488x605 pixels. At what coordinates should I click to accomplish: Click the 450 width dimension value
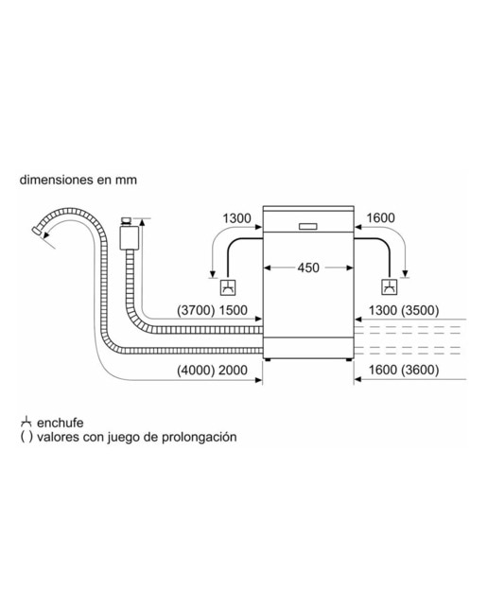(308, 268)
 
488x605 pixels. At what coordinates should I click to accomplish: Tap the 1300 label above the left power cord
(236, 218)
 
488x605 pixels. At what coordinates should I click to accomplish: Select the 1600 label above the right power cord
(380, 218)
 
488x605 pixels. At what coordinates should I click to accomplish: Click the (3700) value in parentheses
(196, 310)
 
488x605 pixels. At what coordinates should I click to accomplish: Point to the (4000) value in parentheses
(196, 370)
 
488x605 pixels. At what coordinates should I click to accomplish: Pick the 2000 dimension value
(233, 370)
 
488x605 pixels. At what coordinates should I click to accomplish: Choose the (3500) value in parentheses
(420, 310)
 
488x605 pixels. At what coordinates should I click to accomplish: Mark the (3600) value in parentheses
(420, 370)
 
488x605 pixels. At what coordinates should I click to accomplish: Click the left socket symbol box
(228, 287)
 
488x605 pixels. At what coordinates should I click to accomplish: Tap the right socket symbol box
(390, 286)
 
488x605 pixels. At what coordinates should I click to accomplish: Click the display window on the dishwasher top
(308, 226)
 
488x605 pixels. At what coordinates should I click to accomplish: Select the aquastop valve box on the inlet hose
(129, 237)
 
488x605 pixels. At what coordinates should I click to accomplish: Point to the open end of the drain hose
(37, 232)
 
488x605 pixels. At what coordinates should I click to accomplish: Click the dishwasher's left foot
(267, 359)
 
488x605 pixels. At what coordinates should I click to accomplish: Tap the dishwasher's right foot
(349, 359)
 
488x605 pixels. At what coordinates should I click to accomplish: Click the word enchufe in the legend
(60, 423)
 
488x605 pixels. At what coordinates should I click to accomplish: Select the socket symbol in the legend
(26, 422)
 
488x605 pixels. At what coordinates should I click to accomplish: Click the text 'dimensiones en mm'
(78, 180)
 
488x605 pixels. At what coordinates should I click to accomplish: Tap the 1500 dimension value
(233, 310)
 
